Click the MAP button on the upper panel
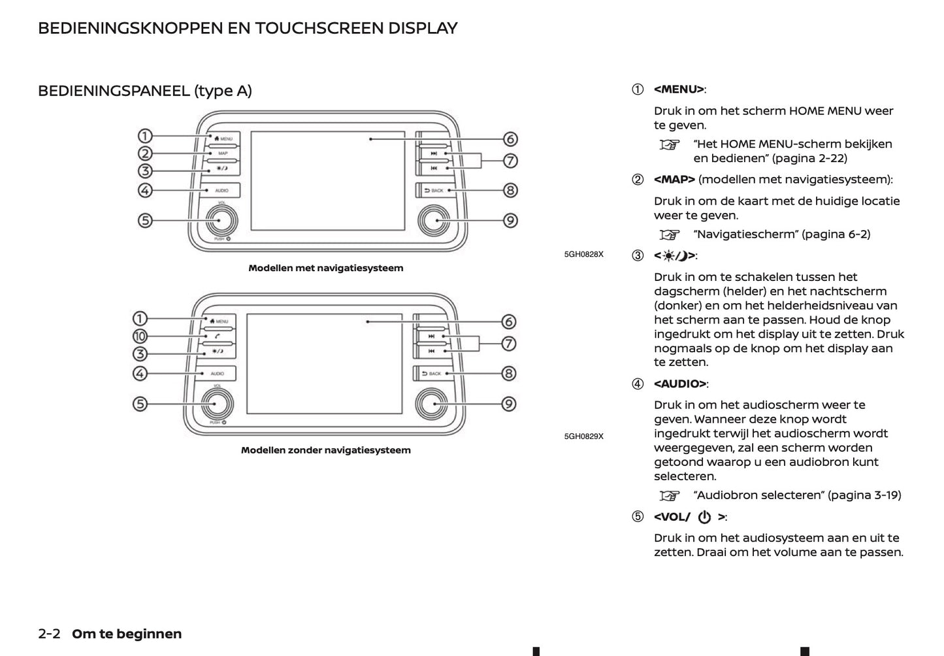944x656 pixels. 223,153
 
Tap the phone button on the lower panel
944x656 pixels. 218,336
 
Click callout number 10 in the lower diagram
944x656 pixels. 140,336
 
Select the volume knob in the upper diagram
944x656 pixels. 219,221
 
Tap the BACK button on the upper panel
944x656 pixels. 434,190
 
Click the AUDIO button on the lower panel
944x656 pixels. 218,374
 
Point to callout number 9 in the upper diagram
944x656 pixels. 510,221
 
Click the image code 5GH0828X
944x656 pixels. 583,254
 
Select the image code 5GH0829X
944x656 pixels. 583,436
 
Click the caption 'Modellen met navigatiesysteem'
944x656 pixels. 325,268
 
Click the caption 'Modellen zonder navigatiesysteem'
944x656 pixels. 325,450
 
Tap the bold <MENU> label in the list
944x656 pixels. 679,90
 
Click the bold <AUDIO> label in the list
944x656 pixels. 679,384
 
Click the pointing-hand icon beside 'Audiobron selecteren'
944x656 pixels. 670,495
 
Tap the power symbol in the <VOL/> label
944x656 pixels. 704,517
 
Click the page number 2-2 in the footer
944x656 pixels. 50,634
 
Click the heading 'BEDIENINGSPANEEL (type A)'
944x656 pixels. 144,91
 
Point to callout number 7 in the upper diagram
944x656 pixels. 510,161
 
